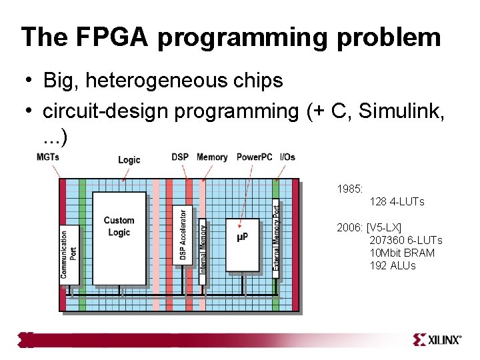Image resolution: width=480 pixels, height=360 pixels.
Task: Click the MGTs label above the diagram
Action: pos(47,157)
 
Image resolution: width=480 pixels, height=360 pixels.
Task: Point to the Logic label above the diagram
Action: pos(129,159)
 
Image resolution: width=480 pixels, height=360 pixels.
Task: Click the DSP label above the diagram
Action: pos(179,157)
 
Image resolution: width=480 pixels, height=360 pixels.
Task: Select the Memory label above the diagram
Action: pos(212,157)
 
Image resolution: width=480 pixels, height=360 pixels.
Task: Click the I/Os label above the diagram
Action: pos(287,157)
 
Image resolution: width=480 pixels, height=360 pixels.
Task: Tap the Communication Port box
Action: pos(69,254)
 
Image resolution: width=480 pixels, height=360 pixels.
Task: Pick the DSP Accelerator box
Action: pos(183,236)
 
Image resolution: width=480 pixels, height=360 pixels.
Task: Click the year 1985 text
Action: pos(349,189)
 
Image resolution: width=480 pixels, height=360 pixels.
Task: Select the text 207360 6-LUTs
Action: pos(405,240)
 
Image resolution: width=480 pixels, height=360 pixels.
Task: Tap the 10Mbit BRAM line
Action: pos(402,253)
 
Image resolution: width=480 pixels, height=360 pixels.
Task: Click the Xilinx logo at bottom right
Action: pos(437,340)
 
